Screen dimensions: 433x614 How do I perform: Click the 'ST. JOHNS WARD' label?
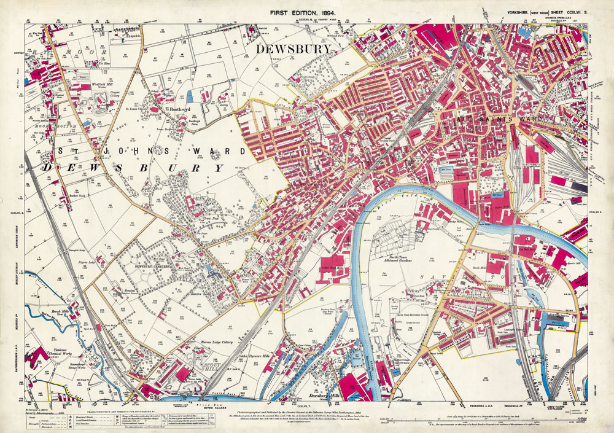[x=143, y=151]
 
